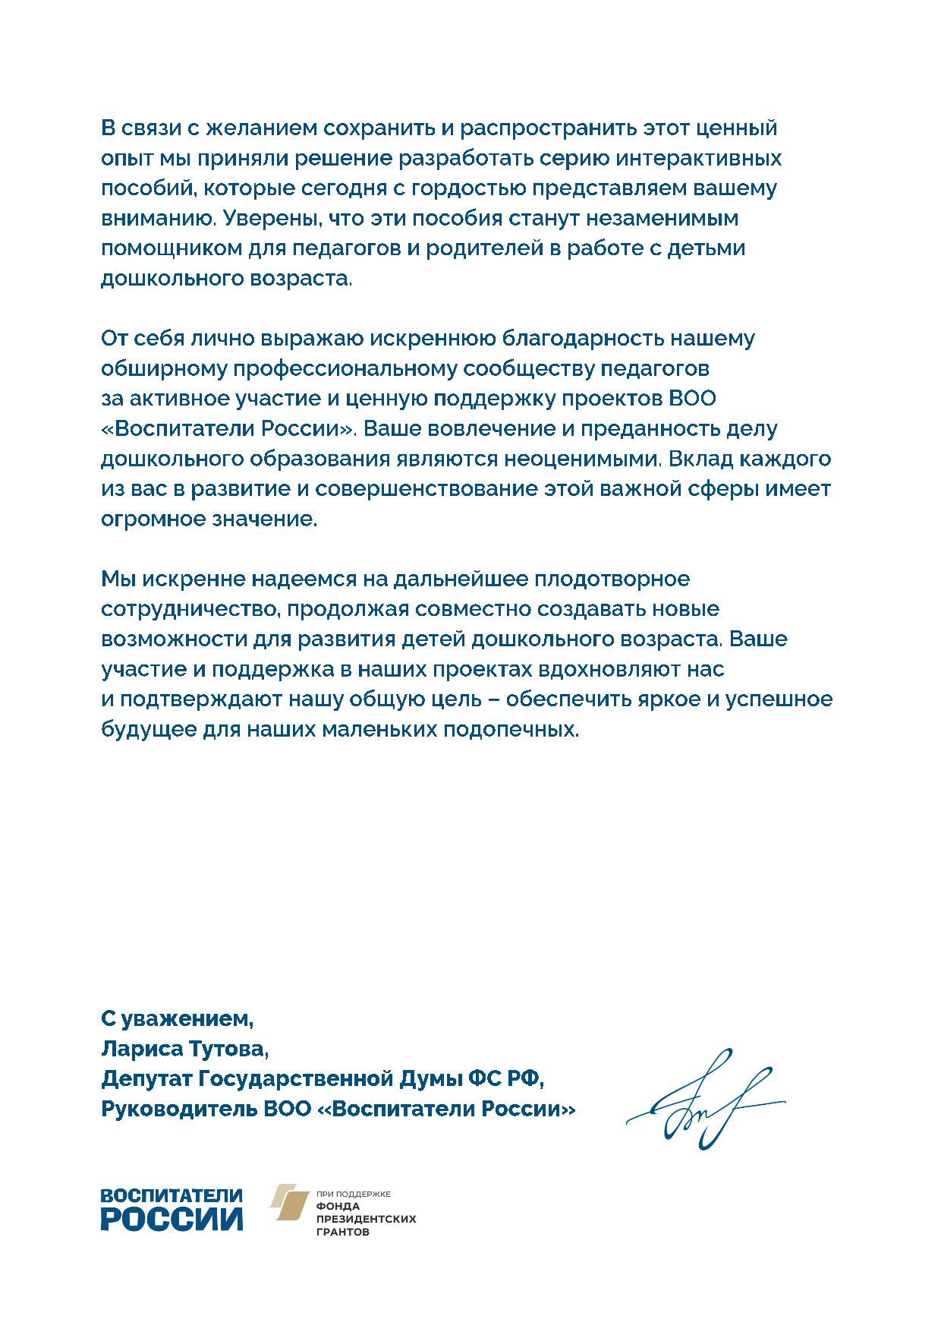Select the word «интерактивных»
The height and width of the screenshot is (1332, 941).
[697, 158]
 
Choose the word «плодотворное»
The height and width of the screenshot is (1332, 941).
[613, 579]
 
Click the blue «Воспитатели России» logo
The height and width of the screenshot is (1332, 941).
[172, 1210]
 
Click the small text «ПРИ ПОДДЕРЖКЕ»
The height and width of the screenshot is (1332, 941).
[353, 1194]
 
